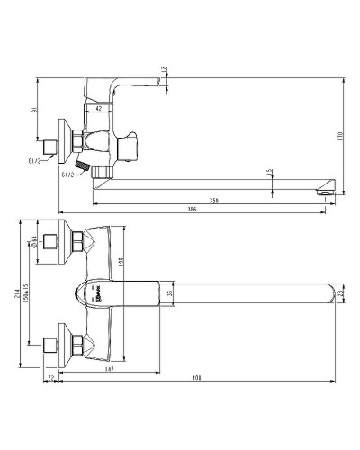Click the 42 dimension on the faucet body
click(x=98, y=109)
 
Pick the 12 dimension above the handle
click(x=164, y=70)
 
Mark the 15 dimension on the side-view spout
click(x=270, y=172)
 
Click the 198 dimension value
click(x=120, y=262)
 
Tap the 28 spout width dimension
click(x=340, y=291)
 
